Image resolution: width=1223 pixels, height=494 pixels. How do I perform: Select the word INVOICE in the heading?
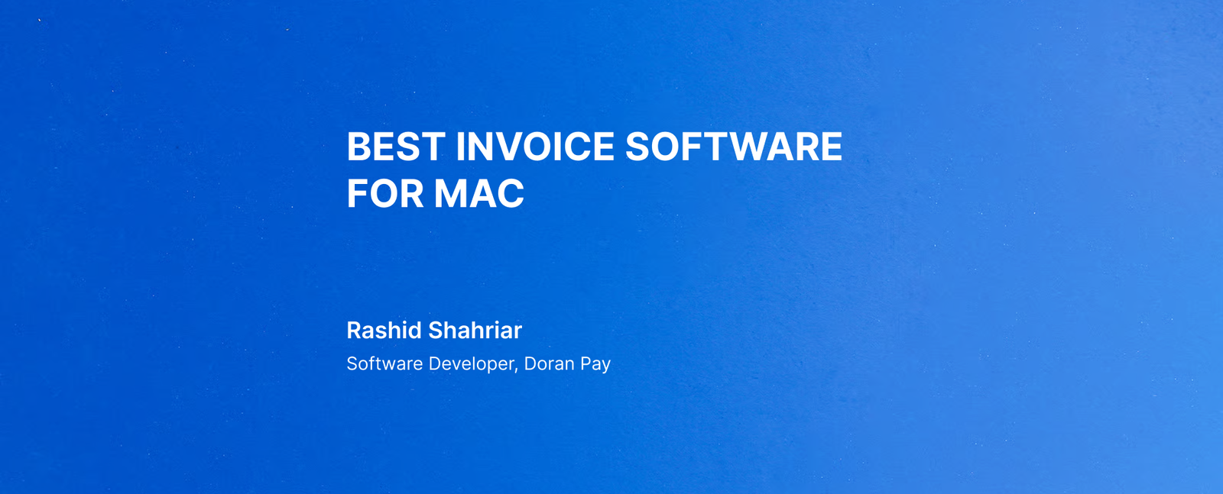pos(535,147)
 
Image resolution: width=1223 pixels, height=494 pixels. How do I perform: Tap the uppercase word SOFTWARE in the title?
pos(733,147)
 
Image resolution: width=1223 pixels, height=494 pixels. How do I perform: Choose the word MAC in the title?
pos(478,194)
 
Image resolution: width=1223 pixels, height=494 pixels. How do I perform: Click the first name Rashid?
pos(384,331)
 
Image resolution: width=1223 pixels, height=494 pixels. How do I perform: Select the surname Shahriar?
pos(475,331)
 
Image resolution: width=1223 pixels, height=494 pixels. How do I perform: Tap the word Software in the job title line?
pos(384,363)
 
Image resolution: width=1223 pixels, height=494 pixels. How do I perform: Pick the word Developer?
pos(471,364)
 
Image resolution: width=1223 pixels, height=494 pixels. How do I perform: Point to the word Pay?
pos(595,364)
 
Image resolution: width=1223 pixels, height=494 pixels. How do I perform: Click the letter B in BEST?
pos(358,147)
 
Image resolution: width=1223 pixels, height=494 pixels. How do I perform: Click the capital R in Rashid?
pos(355,331)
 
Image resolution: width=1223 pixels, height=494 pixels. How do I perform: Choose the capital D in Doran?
pos(530,363)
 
